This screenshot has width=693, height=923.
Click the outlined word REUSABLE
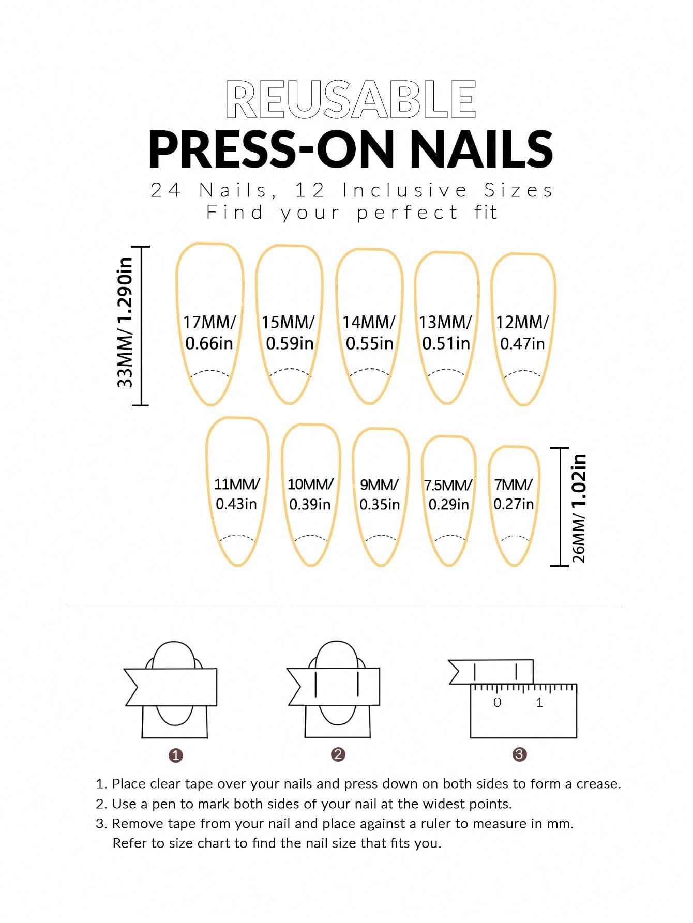[351, 99]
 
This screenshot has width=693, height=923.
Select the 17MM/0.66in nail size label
[209, 332]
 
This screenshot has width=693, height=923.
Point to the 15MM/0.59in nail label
[289, 332]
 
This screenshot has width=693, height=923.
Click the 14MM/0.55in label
[369, 332]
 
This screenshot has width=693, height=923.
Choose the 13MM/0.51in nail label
[446, 332]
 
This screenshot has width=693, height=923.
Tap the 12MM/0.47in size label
[522, 332]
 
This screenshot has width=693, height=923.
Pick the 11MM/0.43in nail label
[237, 494]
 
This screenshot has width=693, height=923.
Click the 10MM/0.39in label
[310, 494]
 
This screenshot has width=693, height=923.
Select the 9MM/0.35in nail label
[380, 494]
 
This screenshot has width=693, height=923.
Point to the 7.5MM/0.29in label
[448, 494]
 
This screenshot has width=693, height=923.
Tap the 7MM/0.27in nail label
[514, 494]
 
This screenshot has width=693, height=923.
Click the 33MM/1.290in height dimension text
[125, 322]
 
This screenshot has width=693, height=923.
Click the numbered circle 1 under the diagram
[176, 755]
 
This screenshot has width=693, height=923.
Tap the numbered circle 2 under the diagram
[338, 754]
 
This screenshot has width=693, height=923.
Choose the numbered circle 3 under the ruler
[519, 754]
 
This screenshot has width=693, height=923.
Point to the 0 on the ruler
[498, 702]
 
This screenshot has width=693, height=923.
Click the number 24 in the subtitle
[165, 190]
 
